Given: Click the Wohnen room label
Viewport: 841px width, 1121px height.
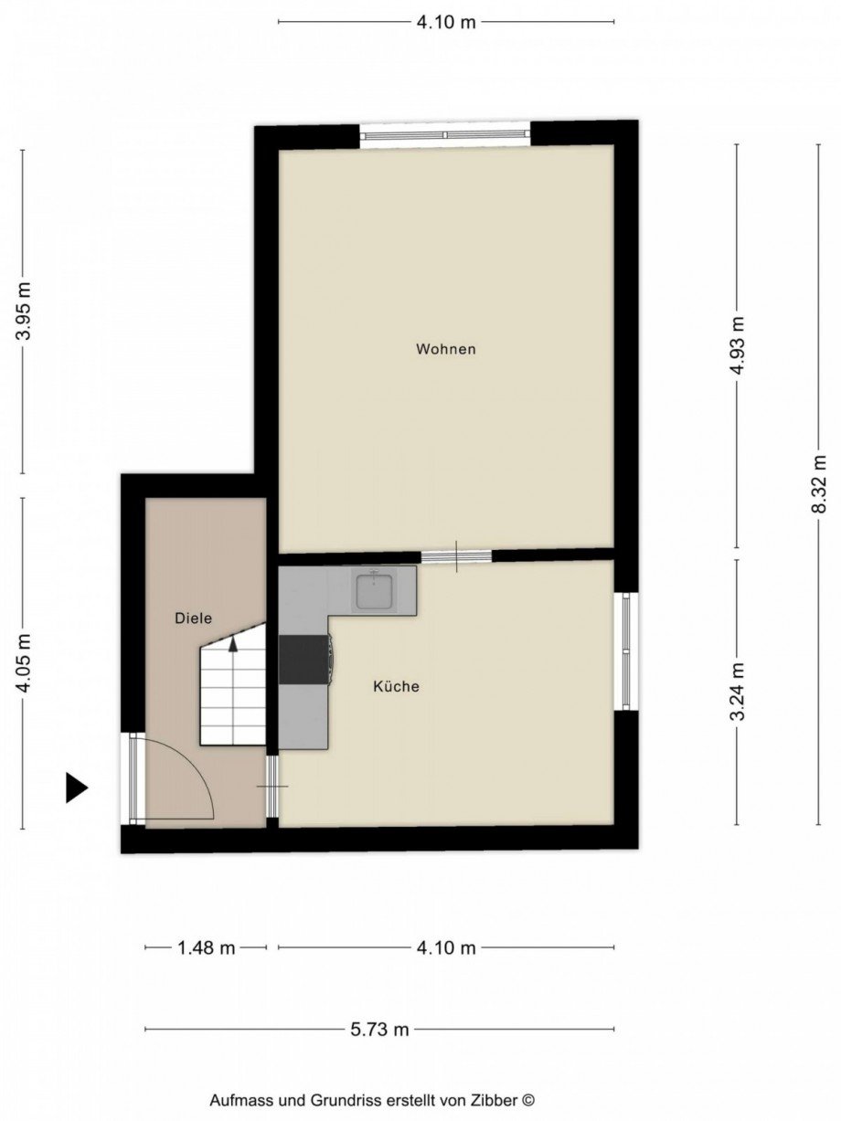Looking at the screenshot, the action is click(x=445, y=349).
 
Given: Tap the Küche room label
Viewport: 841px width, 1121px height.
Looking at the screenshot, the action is click(x=396, y=686).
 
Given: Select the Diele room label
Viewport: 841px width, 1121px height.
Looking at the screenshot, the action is click(x=193, y=619).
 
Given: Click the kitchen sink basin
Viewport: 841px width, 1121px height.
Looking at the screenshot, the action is click(x=377, y=591).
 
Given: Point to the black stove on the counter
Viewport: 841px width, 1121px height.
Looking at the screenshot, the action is click(x=303, y=659).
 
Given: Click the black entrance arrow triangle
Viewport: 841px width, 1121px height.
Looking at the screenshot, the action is click(x=77, y=788).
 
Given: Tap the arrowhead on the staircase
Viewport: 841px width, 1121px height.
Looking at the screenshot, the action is click(x=233, y=644).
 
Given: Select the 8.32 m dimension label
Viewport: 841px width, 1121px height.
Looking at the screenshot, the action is click(x=819, y=483).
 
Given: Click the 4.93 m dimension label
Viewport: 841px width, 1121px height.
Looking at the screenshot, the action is click(x=737, y=345).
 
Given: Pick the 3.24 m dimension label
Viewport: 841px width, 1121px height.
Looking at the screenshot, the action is click(x=737, y=691).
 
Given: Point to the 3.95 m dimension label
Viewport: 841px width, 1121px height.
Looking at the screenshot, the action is click(x=23, y=311).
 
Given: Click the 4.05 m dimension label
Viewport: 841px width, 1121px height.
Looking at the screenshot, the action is click(x=23, y=661).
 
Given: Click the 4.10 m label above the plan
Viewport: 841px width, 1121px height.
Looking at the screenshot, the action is click(x=446, y=22).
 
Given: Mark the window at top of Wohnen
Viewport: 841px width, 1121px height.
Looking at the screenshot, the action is click(x=445, y=135).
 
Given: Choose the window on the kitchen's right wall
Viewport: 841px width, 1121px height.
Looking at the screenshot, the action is click(x=626, y=651).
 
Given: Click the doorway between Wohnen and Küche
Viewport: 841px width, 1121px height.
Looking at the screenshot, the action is click(x=456, y=556).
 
